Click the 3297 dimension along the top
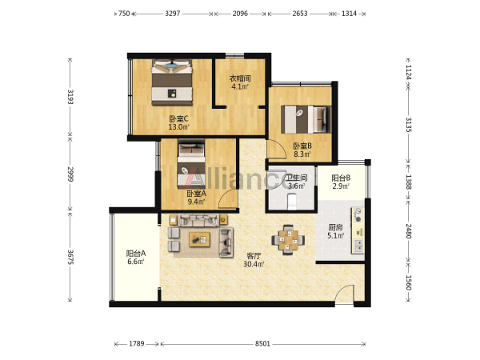pos(173,14)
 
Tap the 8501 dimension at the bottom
pos(262,344)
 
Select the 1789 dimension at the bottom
pos(136,344)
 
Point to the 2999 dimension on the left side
pos(70,174)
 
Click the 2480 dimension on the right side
pos(408,231)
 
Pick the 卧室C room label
pos(178,118)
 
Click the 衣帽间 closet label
pos(240,78)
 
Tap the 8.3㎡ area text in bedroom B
pos(302,154)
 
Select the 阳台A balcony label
pos(136,254)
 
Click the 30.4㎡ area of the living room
pos(254,264)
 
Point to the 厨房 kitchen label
pos(335,227)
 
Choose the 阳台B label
pos(341,178)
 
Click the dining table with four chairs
pos(288,240)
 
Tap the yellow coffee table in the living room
pos(199,239)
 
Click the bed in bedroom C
pos(172,82)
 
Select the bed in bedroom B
pos(306,119)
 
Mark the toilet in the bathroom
pos(292,202)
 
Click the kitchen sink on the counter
pos(358,246)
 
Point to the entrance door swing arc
pos(344,293)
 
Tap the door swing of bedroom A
pos(227,199)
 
